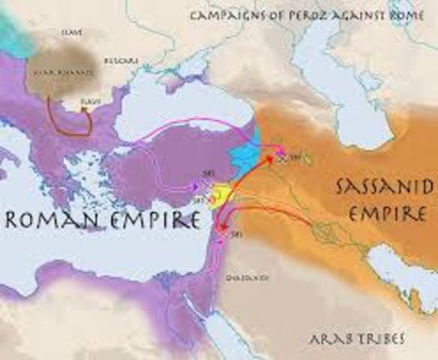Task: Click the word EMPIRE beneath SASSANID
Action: pyautogui.click(x=384, y=214)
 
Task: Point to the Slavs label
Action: pyautogui.click(x=72, y=32)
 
